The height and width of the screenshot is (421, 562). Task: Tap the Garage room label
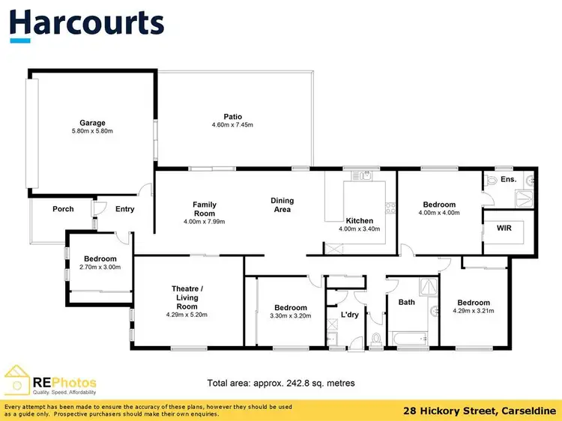coord(93,123)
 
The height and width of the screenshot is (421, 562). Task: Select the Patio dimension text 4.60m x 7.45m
coord(232,125)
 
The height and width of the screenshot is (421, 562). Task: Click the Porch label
coord(63,209)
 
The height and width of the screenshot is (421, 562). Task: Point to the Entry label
coord(124,209)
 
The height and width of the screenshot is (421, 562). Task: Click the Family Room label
coord(204,209)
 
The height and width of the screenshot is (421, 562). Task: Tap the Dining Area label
coord(282,205)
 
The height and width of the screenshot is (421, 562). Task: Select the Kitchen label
coord(360,220)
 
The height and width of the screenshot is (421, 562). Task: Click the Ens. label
coord(509,180)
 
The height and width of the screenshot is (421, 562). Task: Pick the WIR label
coord(504,228)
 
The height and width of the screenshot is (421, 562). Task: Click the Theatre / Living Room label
coord(187,297)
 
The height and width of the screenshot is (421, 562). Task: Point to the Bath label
coord(406,303)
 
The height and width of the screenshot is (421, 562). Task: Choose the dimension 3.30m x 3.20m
coord(290,316)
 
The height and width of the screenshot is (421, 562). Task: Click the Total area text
coord(281,383)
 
